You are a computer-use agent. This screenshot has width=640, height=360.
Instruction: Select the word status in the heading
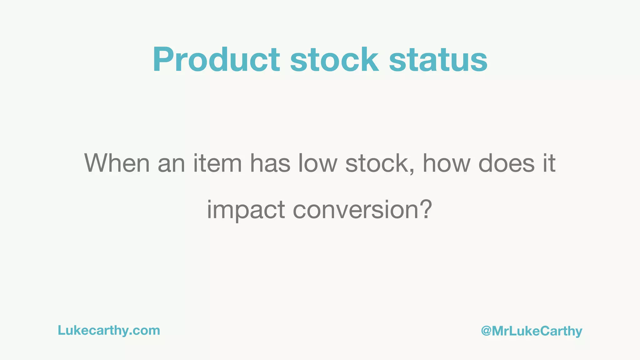pos(438,60)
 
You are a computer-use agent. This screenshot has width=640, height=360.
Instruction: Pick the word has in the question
pos(270,163)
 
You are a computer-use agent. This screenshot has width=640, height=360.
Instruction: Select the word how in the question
pos(447,163)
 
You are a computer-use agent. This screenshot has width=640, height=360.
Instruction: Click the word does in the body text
pos(507,163)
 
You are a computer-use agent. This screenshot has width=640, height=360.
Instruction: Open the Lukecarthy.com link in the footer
pos(109,331)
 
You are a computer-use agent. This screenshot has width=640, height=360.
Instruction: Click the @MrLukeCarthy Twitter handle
pos(532,331)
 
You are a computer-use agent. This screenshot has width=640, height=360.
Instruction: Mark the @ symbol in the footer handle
pos(486,331)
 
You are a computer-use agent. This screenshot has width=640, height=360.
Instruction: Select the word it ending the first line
pos(549,163)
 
